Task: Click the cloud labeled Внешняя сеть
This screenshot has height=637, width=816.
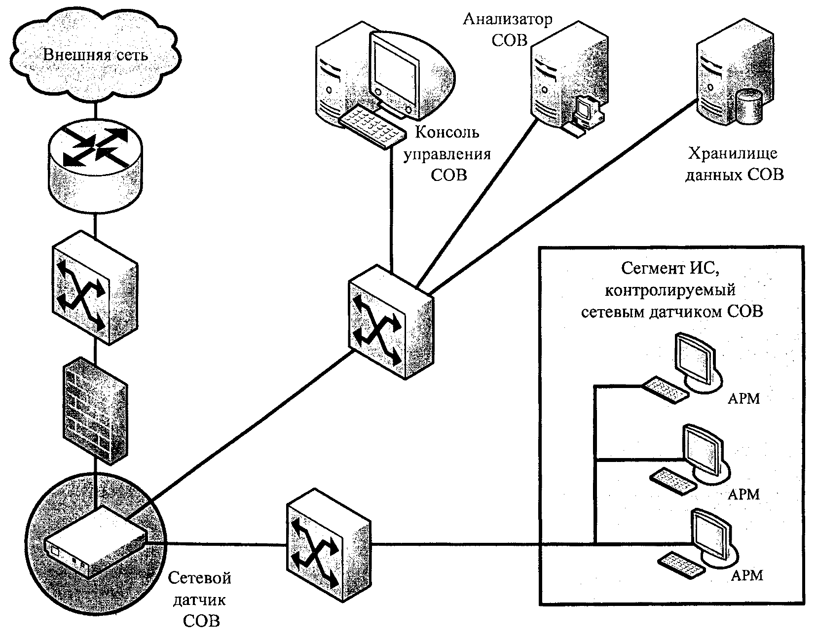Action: pos(95,56)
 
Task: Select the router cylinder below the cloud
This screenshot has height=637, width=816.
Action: pos(95,166)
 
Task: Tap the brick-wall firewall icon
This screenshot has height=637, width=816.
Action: pos(95,410)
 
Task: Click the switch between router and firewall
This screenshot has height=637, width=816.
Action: pos(95,287)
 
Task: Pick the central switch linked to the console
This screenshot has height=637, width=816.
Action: pos(391,322)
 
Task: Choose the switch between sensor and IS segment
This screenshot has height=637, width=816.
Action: pos(329,545)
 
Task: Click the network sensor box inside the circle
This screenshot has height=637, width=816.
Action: pos(95,542)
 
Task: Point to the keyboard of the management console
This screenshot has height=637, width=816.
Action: pos(372,128)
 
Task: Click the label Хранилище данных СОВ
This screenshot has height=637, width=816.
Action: pos(735,164)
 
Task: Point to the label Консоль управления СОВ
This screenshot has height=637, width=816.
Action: pos(447,154)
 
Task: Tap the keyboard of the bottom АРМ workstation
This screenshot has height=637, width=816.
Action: pos(681,565)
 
